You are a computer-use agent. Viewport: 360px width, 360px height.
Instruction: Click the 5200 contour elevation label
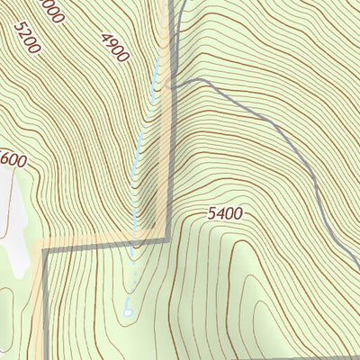click(27, 36)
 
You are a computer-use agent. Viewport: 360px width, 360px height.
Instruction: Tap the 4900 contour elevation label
click(115, 47)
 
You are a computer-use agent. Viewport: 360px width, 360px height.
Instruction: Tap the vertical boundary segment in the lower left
click(43, 306)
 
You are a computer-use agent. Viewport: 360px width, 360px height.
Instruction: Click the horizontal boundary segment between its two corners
click(99, 243)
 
